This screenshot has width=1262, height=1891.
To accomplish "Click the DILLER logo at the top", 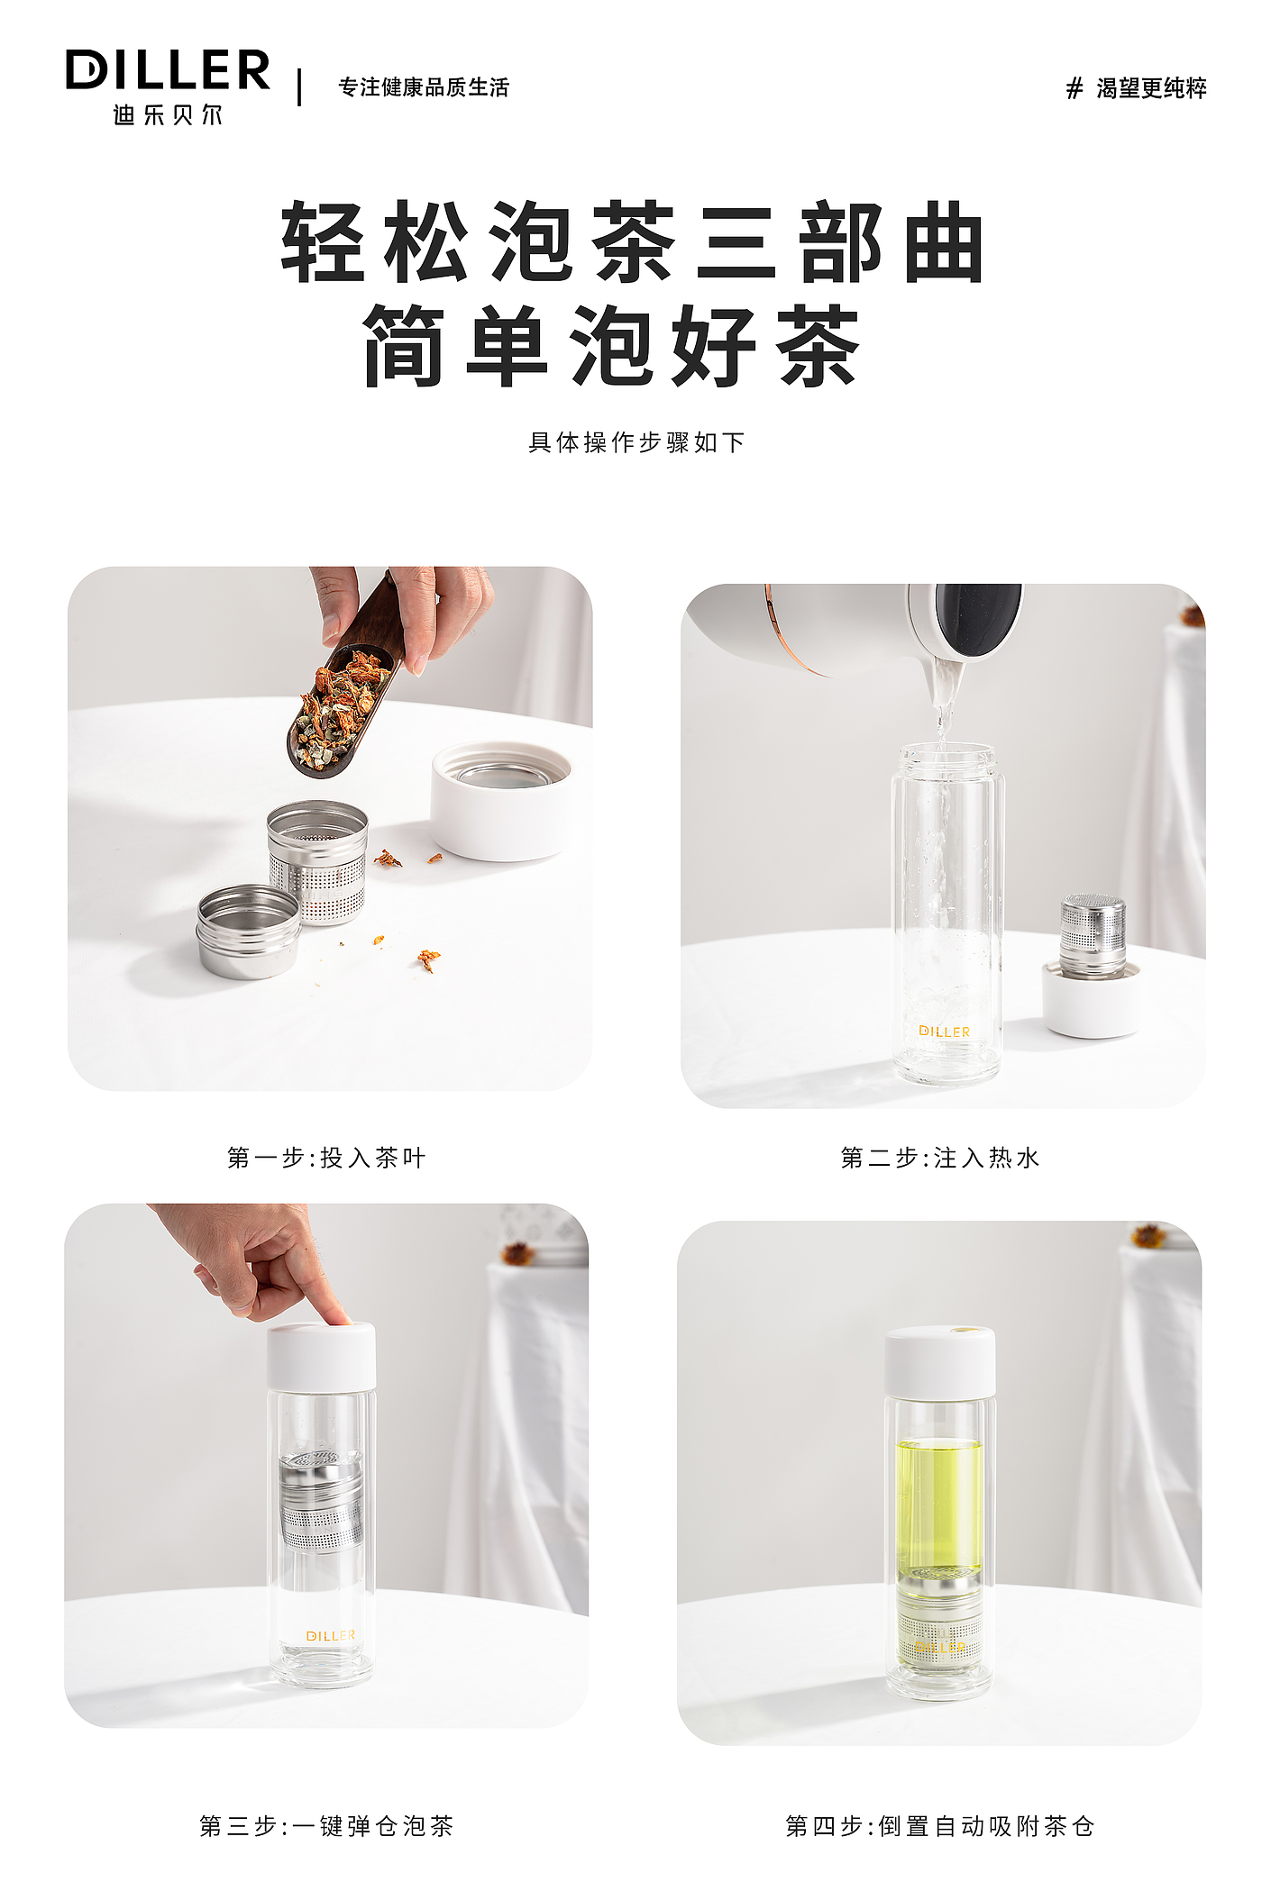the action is (168, 70).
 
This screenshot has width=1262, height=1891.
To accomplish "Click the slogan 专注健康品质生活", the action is (424, 87).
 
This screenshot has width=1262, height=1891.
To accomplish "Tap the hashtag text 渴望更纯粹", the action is (1151, 88).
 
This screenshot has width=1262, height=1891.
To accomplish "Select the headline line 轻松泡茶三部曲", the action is (632, 241).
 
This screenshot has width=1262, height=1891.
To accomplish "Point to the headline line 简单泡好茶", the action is (612, 345).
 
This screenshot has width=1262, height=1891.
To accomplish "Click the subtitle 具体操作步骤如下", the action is (636, 442).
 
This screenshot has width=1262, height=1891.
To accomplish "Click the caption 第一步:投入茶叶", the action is (326, 1158).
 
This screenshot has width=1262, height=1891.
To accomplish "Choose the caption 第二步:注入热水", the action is (940, 1158).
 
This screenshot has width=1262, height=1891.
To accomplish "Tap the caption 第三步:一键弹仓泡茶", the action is (326, 1826).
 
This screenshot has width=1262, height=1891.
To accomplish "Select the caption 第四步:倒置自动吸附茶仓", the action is (940, 1826).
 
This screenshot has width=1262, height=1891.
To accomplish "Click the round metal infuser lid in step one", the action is (249, 931).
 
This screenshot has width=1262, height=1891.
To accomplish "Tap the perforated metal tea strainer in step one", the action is (318, 861).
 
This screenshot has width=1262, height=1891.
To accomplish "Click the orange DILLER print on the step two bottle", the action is (945, 1032).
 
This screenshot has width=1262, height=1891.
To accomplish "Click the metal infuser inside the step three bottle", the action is (322, 1501).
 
